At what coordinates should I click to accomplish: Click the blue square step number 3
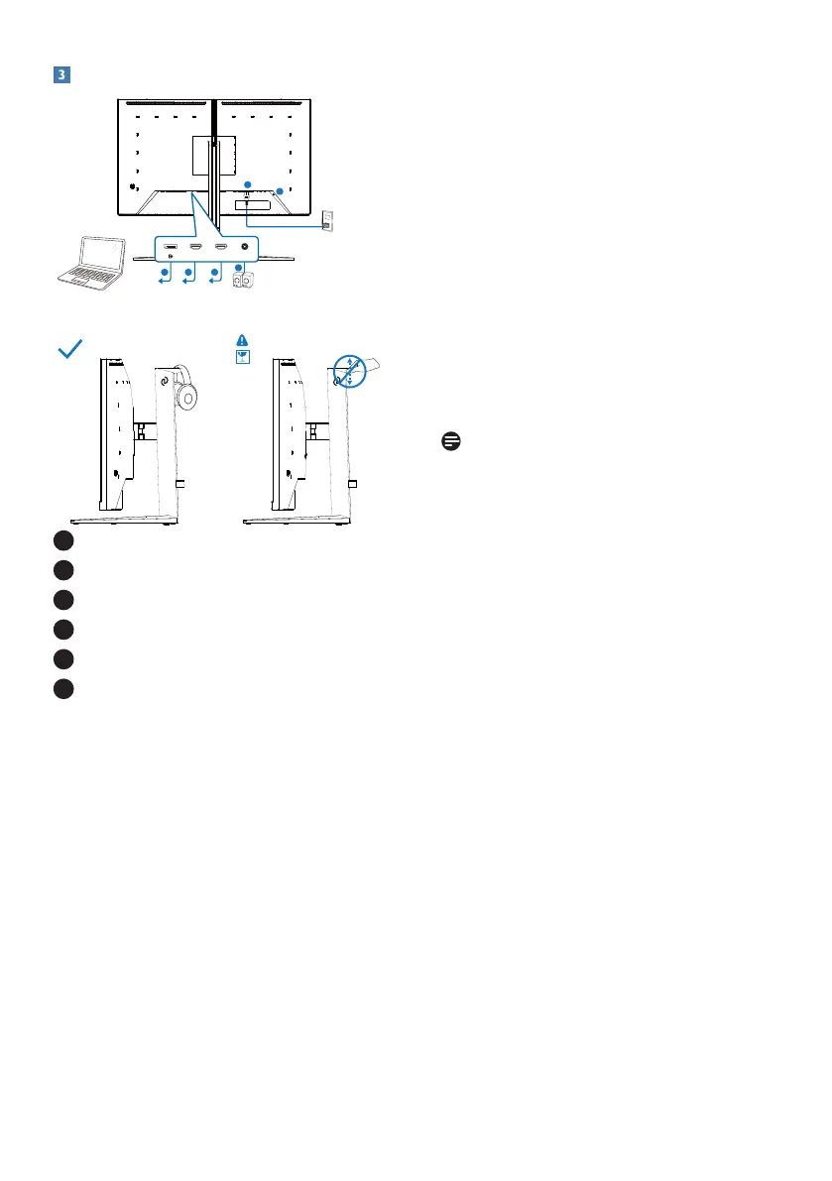click(60, 75)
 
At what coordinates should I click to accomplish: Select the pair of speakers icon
click(244, 281)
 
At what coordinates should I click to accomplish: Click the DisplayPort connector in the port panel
click(171, 247)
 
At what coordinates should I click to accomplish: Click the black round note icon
click(451, 440)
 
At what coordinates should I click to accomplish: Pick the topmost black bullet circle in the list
click(62, 540)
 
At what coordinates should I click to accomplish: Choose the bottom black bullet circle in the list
click(62, 689)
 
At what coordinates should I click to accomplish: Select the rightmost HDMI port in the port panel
click(220, 247)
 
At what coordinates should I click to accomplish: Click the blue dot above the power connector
click(248, 183)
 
